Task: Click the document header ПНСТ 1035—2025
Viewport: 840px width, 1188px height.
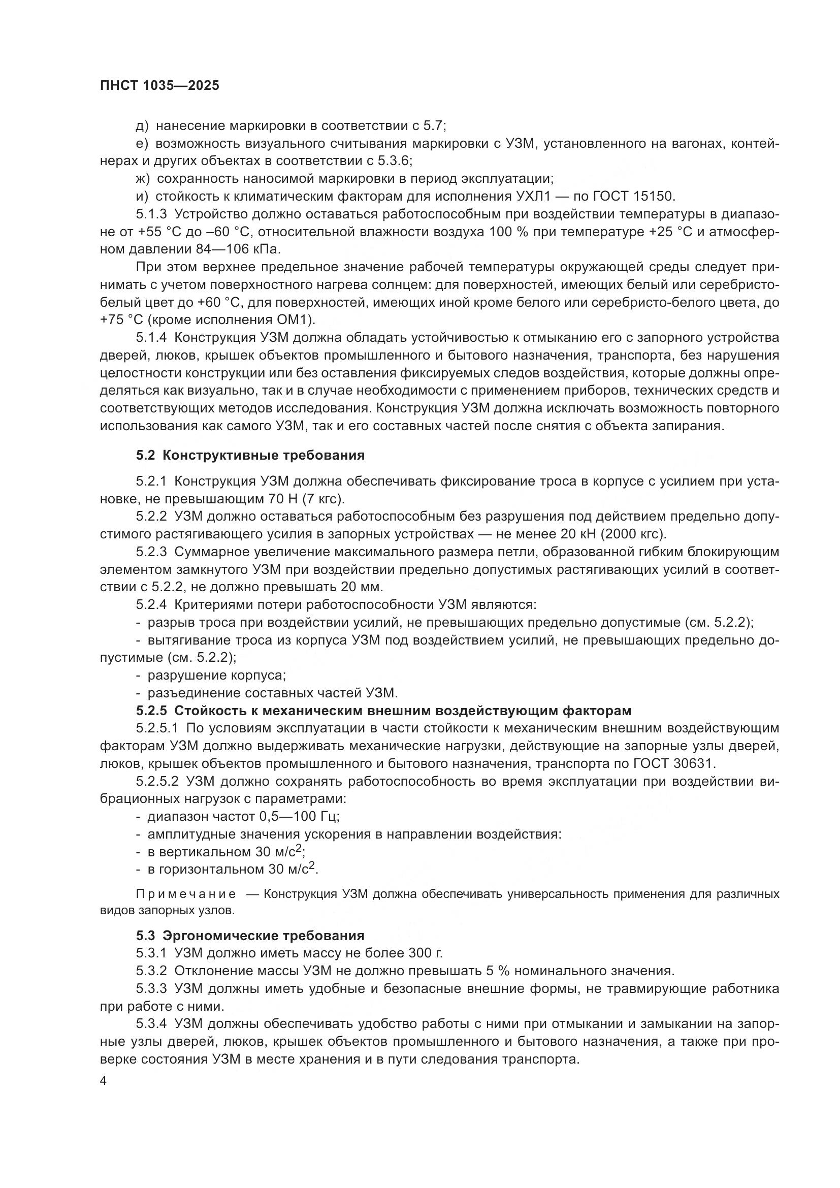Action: point(159,85)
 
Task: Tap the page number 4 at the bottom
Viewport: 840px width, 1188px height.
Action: point(103,1081)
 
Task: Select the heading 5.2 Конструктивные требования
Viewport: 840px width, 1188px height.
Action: point(250,455)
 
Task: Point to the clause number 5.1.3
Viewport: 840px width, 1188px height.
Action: point(151,214)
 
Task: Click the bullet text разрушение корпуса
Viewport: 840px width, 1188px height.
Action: point(216,675)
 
